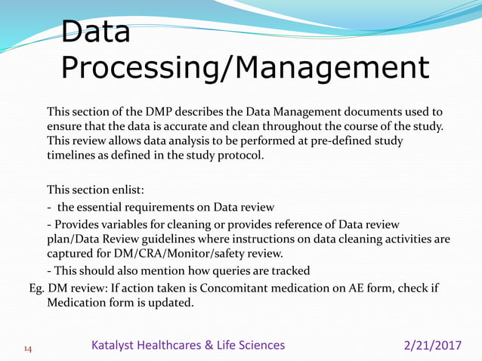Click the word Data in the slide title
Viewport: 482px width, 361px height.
pyautogui.click(x=95, y=32)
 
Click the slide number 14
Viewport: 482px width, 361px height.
pyautogui.click(x=28, y=348)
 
